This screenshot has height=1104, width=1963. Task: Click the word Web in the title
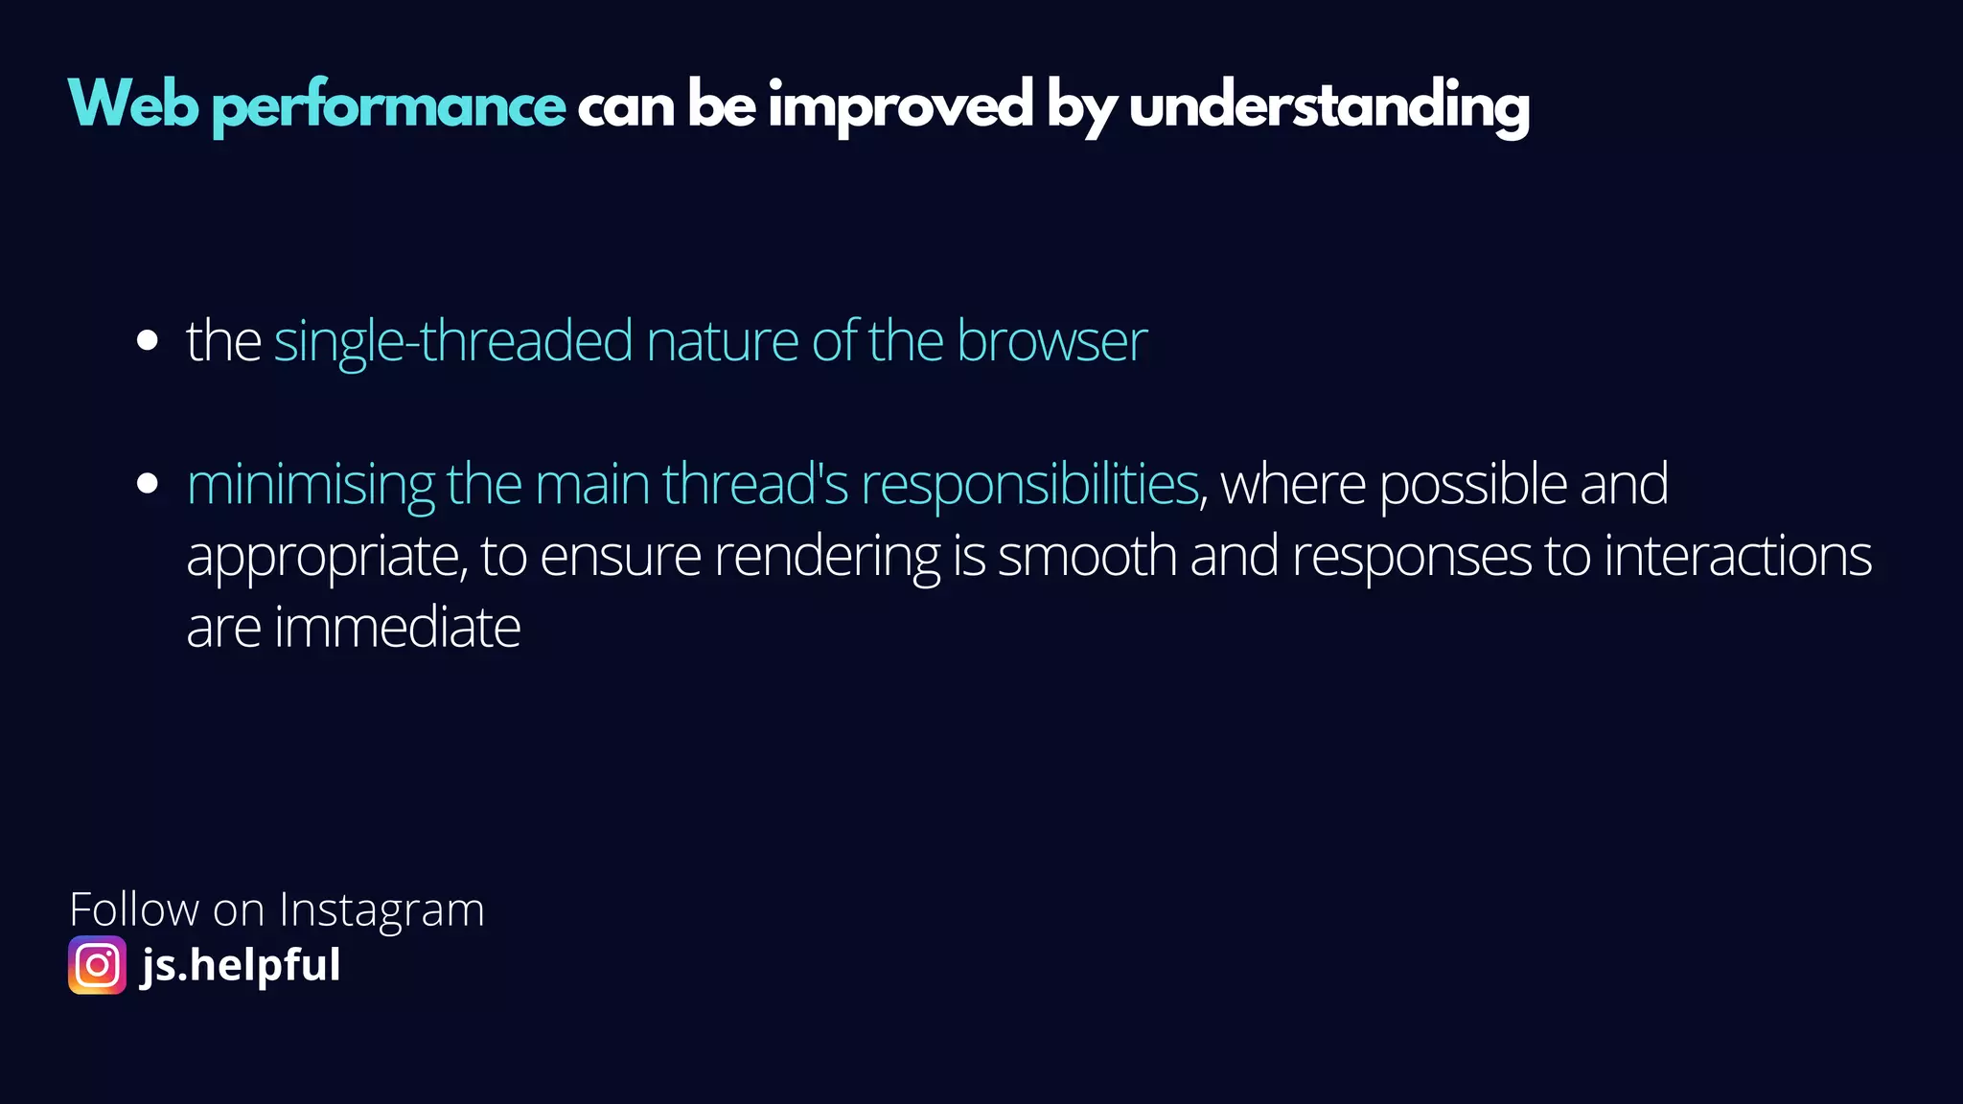133,104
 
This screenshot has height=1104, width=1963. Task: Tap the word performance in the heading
388,107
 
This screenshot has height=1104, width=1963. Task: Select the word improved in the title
900,107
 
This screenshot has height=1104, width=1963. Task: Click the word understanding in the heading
1328,107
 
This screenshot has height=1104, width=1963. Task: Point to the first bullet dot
147,340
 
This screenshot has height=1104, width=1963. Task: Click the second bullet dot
147,483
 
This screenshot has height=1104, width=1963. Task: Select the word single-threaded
453,341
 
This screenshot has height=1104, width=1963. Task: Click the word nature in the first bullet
722,342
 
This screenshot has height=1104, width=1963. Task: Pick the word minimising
311,485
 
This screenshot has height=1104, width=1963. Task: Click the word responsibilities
1029,485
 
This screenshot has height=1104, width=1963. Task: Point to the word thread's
755,484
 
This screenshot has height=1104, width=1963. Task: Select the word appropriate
326,558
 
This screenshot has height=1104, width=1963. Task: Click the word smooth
1087,556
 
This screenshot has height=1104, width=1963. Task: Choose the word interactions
1737,556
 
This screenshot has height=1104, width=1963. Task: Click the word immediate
397,628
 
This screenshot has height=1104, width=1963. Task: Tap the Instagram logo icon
97,965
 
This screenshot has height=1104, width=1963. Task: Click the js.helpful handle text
241,965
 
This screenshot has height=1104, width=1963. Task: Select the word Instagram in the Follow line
381,909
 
